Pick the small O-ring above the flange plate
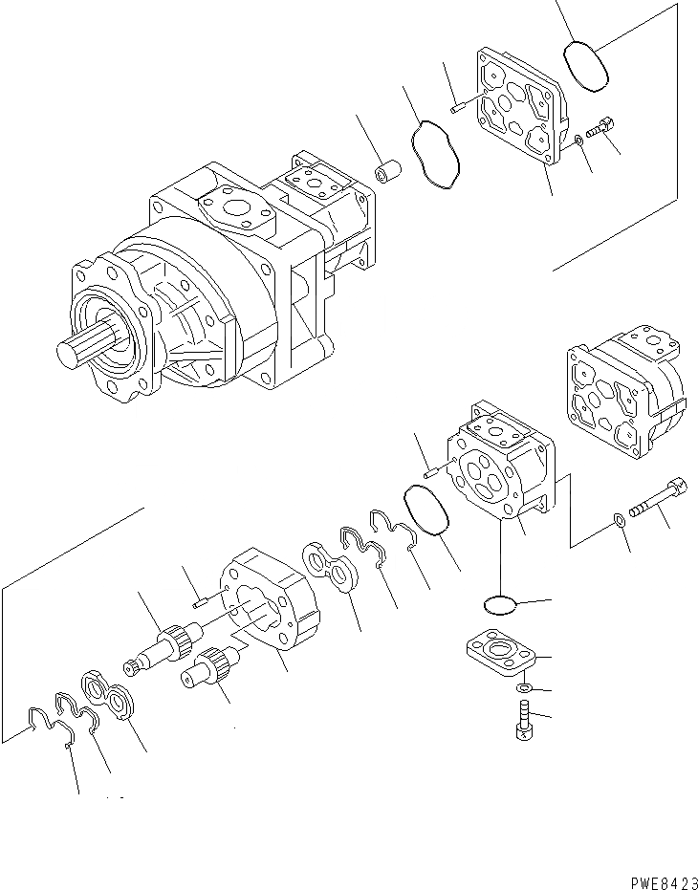pyautogui.click(x=498, y=604)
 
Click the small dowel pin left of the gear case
pyautogui.click(x=198, y=600)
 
